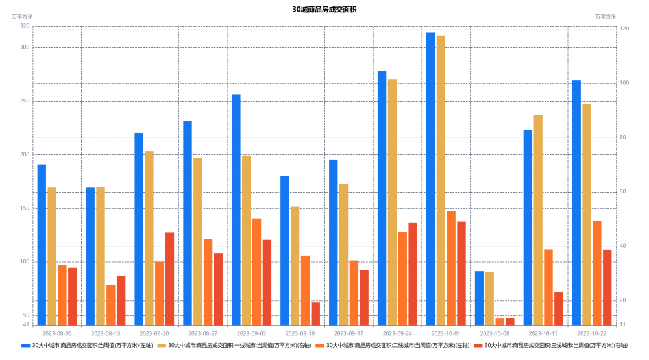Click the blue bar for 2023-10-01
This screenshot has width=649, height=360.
[x=430, y=178]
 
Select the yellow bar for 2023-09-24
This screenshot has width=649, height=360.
[x=392, y=202]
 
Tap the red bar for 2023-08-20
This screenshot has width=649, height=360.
[x=169, y=278]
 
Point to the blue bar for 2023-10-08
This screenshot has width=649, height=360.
[x=479, y=298]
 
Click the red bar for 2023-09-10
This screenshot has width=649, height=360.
[x=315, y=313]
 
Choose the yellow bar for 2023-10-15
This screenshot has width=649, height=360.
[x=538, y=220]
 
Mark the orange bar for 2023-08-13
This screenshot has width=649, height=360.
[x=111, y=305]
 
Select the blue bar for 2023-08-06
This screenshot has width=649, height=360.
[x=42, y=245]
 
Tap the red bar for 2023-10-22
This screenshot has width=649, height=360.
[x=607, y=287]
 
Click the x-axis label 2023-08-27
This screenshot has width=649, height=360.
[x=202, y=333]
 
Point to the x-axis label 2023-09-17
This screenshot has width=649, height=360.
[x=349, y=333]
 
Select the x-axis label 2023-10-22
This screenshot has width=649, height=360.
[x=591, y=333]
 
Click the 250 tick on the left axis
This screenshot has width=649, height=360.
[x=25, y=101]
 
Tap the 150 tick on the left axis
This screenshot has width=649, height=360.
[x=25, y=208]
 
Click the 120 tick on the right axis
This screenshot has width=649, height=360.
[x=624, y=29]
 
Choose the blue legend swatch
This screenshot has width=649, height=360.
[x=25, y=346]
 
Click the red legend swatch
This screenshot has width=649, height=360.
[x=478, y=346]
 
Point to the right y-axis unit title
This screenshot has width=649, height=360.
[x=606, y=16]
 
